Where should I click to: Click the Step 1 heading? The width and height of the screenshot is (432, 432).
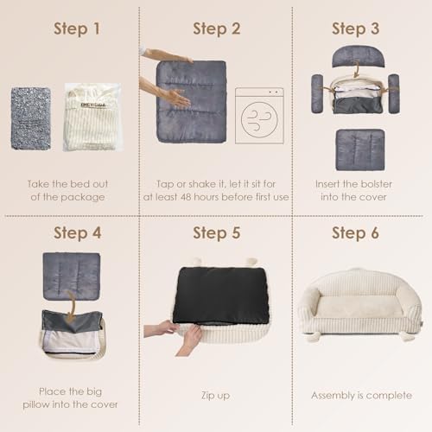pyautogui.click(x=77, y=29)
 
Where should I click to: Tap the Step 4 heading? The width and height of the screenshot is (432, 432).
pyautogui.click(x=78, y=233)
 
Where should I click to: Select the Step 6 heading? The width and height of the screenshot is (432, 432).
pyautogui.click(x=355, y=233)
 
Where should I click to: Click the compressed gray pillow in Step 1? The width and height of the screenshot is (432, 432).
pyautogui.click(x=31, y=118)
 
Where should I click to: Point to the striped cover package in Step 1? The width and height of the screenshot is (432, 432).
pyautogui.click(x=92, y=118)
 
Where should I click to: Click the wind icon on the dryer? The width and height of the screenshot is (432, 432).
pyautogui.click(x=259, y=119)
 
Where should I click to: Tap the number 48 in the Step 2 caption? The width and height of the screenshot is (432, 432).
pyautogui.click(x=186, y=197)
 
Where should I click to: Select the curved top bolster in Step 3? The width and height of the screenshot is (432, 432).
pyautogui.click(x=358, y=57)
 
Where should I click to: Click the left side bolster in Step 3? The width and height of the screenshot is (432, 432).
pyautogui.click(x=317, y=93)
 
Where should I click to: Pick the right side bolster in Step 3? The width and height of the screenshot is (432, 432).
pyautogui.click(x=394, y=93)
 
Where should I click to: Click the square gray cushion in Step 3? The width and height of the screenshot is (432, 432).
pyautogui.click(x=360, y=149)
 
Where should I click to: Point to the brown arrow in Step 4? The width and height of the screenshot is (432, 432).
pyautogui.click(x=71, y=307)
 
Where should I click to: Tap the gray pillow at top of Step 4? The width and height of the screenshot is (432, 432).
pyautogui.click(x=72, y=276)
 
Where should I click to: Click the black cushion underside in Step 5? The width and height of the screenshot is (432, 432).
pyautogui.click(x=221, y=295)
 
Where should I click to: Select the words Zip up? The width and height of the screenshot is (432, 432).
pyautogui.click(x=215, y=396)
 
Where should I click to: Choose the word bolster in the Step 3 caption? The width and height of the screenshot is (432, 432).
pyautogui.click(x=376, y=184)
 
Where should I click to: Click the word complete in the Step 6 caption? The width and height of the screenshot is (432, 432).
pyautogui.click(x=389, y=396)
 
